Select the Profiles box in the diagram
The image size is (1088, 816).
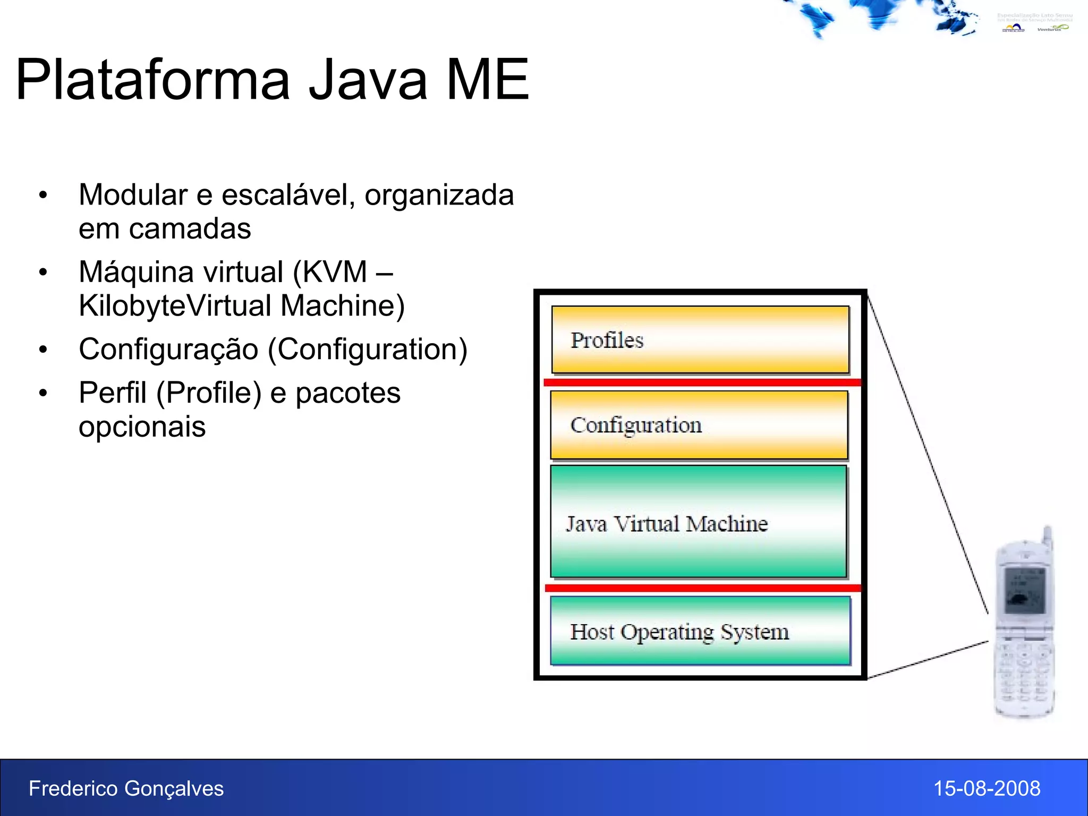click(x=700, y=340)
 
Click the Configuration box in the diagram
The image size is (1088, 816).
click(x=699, y=425)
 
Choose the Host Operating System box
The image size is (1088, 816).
click(x=700, y=632)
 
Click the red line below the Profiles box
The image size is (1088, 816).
click(x=701, y=382)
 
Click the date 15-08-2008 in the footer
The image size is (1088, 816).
click(x=987, y=788)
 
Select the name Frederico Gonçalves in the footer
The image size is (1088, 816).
click(x=126, y=788)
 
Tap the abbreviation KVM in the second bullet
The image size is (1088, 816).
click(x=335, y=272)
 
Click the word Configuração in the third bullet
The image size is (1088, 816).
click(x=168, y=350)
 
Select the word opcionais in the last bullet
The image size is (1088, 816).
click(x=142, y=427)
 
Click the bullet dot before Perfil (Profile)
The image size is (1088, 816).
click(x=43, y=394)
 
